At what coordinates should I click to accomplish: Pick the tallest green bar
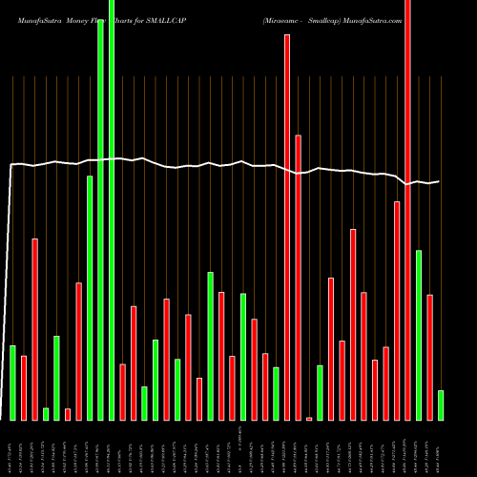(112, 210)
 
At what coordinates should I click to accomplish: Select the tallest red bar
(408, 210)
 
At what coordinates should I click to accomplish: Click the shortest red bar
(309, 418)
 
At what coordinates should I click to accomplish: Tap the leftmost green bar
(12, 383)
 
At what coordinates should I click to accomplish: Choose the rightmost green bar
(441, 405)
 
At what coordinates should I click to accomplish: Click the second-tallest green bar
(100, 219)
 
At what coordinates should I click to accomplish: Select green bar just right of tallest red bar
(419, 335)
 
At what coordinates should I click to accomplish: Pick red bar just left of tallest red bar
(397, 311)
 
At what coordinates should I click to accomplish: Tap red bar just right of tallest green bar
(122, 392)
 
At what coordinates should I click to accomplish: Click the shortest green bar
(45, 414)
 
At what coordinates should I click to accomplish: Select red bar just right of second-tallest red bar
(298, 278)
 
